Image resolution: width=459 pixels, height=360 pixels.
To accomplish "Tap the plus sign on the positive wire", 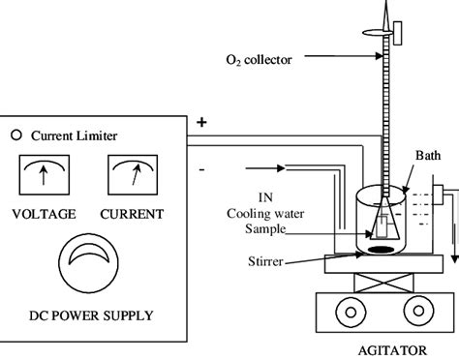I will [x=202, y=124].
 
